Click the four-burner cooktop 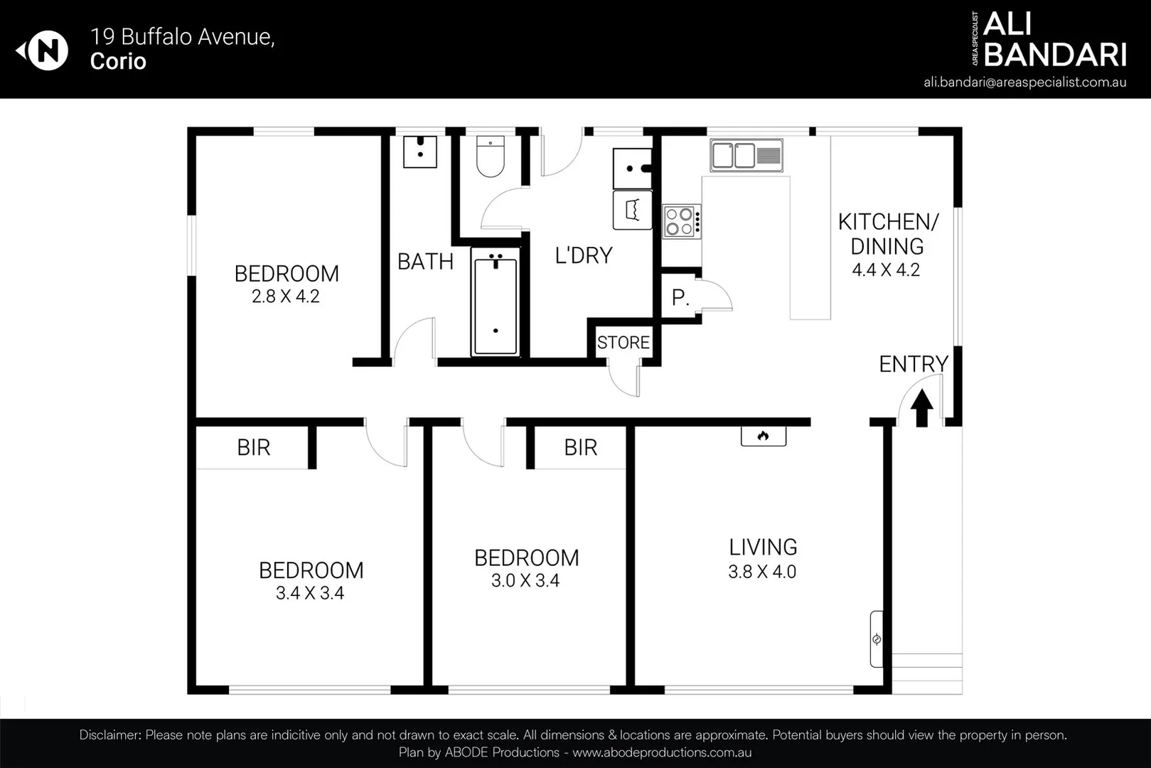pyautogui.click(x=681, y=221)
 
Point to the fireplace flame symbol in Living pyautogui.click(x=764, y=436)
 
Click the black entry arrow pyautogui.click(x=922, y=409)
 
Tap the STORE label pyautogui.click(x=623, y=343)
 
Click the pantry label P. pyautogui.click(x=680, y=297)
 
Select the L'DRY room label pyautogui.click(x=584, y=255)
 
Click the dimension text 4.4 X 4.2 pyautogui.click(x=886, y=270)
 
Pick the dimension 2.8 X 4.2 pyautogui.click(x=286, y=297)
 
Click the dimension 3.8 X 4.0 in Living pyautogui.click(x=762, y=572)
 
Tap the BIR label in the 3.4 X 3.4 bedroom pyautogui.click(x=254, y=447)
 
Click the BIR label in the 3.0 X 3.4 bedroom pyautogui.click(x=581, y=447)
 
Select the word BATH pyautogui.click(x=425, y=262)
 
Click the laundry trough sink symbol pyautogui.click(x=632, y=169)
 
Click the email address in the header pyautogui.click(x=1024, y=82)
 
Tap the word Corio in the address pyautogui.click(x=118, y=61)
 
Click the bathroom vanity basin pyautogui.click(x=420, y=151)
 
